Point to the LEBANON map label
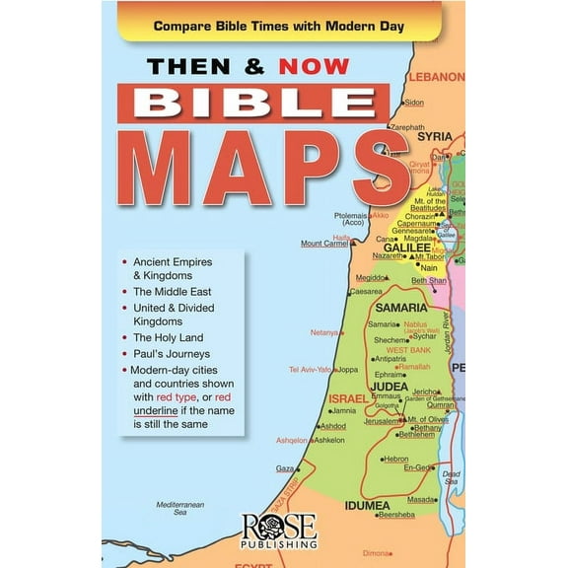tap(437, 76)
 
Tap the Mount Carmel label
tap(324, 243)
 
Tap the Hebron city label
tap(396, 459)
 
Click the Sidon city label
tap(414, 103)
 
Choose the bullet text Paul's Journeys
tap(172, 353)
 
